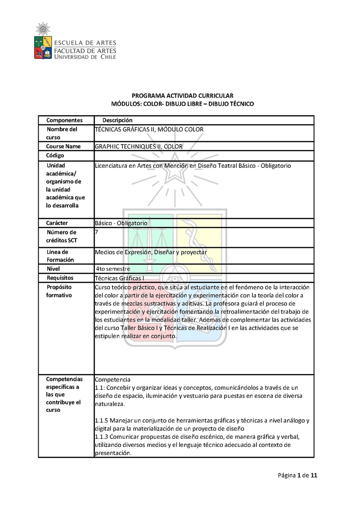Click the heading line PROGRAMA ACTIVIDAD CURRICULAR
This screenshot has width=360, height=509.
(182, 95)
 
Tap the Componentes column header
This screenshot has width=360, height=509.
(64, 120)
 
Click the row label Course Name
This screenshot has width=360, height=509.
(63, 146)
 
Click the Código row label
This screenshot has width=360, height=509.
(55, 156)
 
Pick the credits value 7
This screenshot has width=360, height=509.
(97, 232)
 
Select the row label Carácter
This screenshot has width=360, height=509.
(57, 223)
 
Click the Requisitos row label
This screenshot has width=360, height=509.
(60, 278)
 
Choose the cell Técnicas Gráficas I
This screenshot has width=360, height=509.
(120, 278)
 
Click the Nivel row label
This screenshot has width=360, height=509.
(53, 269)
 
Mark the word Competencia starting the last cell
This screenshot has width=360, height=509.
(112, 379)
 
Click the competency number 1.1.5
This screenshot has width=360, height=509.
(102, 420)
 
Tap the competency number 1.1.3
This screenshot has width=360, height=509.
(102, 437)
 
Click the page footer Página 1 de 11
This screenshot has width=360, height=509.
(298, 475)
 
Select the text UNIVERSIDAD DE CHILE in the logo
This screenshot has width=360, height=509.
(85, 57)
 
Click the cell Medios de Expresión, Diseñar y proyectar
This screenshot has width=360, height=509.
(151, 252)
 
